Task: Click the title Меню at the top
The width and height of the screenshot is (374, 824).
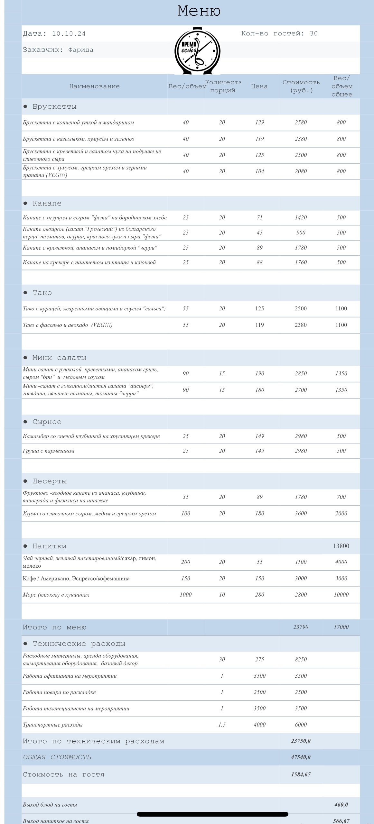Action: coord(199,11)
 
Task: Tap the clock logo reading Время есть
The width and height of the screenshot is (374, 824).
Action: coord(197,51)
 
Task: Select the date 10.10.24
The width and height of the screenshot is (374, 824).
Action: coord(69,33)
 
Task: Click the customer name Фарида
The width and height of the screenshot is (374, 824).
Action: coord(81,50)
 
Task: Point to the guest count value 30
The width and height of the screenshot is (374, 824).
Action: coord(313,33)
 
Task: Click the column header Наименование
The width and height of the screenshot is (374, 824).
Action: coord(94,86)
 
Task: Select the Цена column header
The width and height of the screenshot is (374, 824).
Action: coord(259,86)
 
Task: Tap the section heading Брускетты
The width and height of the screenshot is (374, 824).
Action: coord(54,106)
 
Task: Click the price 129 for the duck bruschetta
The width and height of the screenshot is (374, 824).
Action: coord(259,123)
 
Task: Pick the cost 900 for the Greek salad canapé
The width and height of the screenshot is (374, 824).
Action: coord(301,233)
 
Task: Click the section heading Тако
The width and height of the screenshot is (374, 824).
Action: coord(42,293)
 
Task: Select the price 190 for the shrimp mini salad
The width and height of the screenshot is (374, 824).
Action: coord(259,374)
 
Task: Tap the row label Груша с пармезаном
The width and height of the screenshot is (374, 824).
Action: coord(49,451)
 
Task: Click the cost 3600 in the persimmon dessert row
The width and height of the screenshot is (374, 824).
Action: coord(301,514)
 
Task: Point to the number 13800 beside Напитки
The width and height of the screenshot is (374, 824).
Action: coord(341,546)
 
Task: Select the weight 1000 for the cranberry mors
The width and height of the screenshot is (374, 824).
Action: coord(186,595)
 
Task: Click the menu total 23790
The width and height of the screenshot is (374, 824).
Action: coord(301,627)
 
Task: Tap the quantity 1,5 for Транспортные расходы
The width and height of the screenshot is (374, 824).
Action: coord(222,725)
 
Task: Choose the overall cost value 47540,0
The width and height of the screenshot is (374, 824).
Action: coord(301,757)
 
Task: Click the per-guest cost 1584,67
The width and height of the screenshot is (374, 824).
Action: coord(301,774)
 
